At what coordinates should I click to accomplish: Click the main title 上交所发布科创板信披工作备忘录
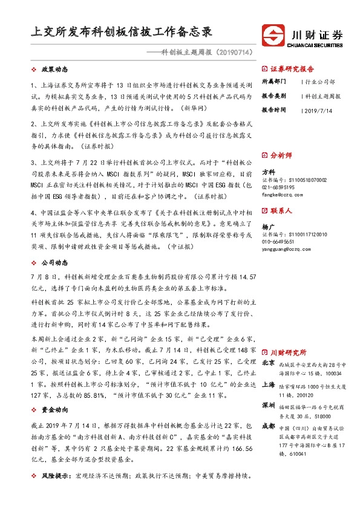click(x=121, y=31)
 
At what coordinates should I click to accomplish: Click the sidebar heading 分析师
click(x=281, y=154)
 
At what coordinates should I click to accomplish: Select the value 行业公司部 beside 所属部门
click(x=321, y=81)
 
